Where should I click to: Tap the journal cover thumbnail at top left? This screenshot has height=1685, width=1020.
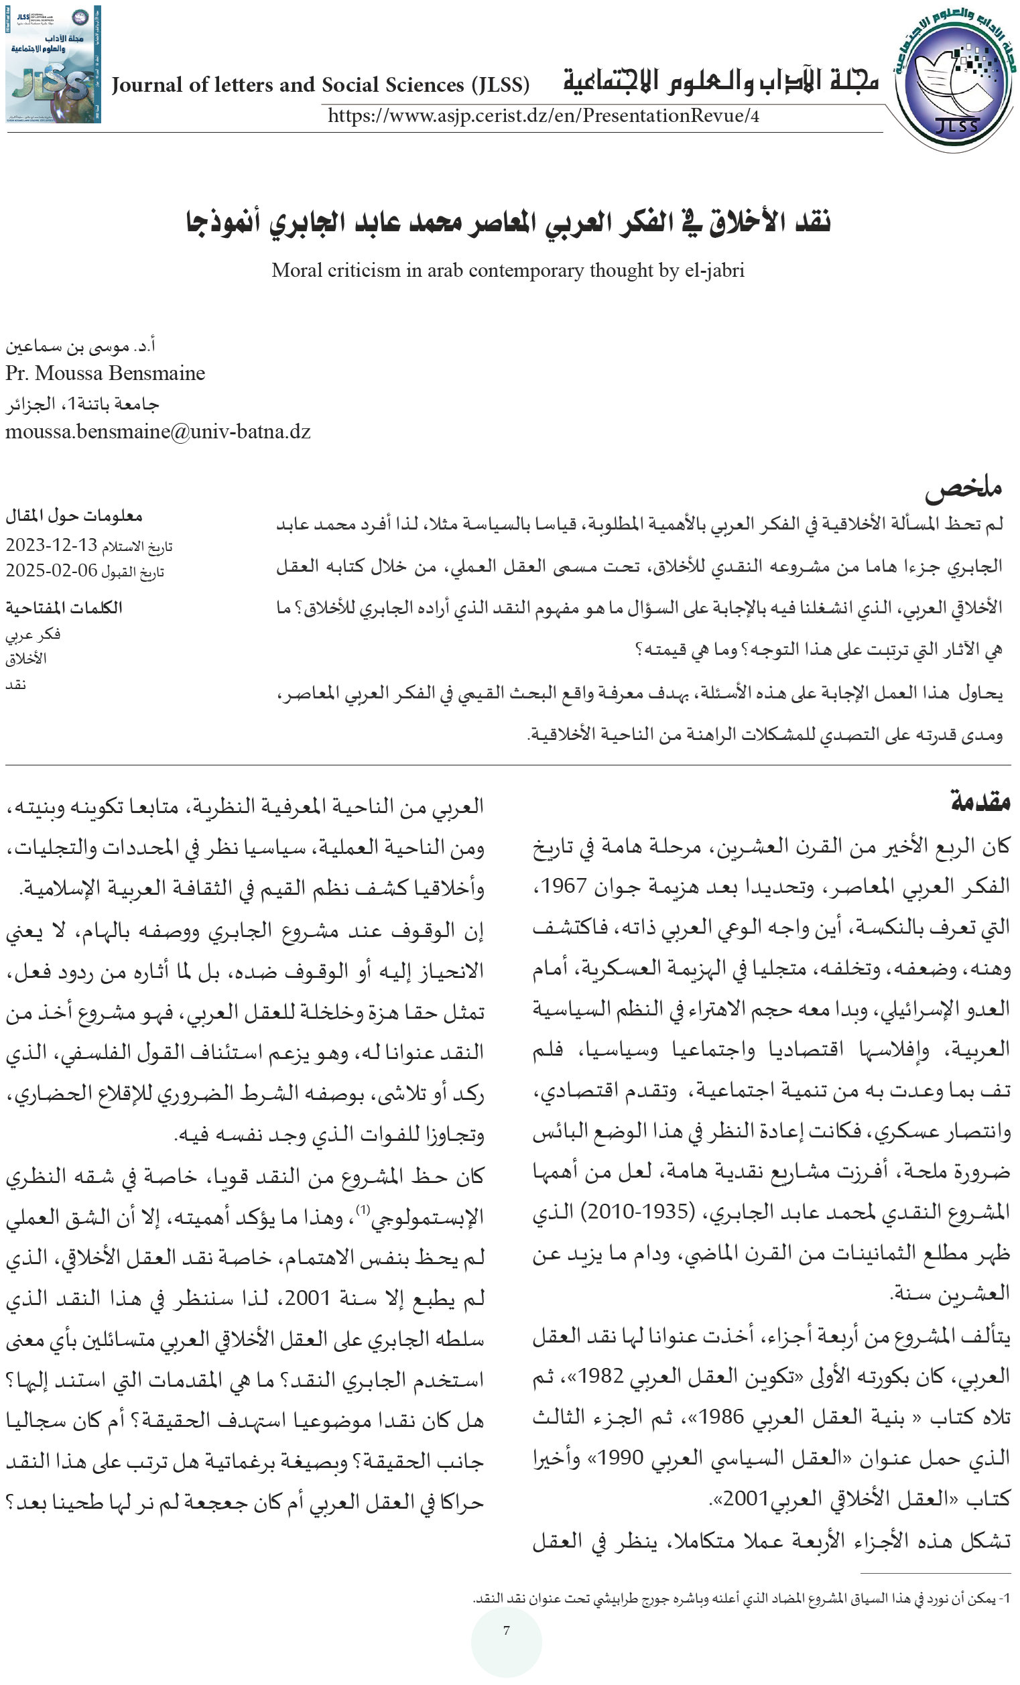(x=54, y=64)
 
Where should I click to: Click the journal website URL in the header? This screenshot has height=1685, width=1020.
(x=543, y=115)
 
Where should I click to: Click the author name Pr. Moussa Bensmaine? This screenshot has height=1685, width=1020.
(x=105, y=373)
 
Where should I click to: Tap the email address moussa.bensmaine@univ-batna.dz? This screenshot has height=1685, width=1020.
(x=158, y=432)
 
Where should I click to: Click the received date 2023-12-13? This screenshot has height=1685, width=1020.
(x=52, y=545)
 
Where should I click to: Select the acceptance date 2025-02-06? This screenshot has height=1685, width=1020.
(x=52, y=571)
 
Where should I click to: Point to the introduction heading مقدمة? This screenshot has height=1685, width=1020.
(x=980, y=801)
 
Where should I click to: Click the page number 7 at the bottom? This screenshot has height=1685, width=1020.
(x=506, y=1630)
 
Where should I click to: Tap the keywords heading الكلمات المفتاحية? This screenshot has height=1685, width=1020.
(x=64, y=607)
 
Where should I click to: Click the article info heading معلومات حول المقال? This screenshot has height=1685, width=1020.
(x=74, y=515)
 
